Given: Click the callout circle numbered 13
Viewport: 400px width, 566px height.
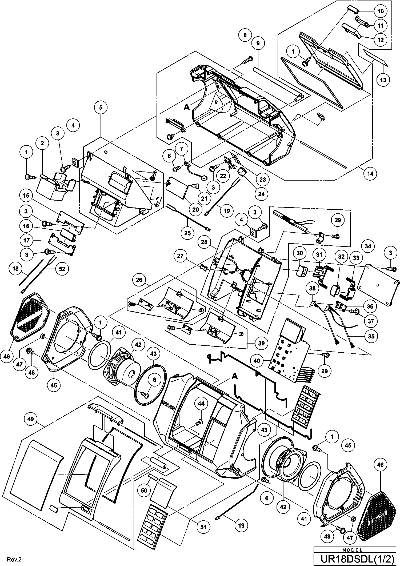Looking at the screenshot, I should point(383,79).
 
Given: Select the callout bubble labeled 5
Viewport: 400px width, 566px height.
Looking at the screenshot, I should point(101,107).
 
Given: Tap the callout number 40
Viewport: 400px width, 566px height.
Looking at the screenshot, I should point(257,361).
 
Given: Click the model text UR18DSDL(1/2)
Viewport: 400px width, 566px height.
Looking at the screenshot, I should point(356,559).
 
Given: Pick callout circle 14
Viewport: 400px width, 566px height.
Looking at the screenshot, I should point(370,174).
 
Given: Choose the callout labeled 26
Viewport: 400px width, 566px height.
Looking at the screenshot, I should point(139,280).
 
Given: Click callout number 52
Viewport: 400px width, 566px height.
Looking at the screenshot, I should point(62,269).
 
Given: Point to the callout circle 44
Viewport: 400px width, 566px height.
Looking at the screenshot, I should point(201,404).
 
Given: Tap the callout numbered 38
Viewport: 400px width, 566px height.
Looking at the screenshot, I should point(312,288).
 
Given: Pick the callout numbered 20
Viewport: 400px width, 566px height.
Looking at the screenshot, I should point(195,209).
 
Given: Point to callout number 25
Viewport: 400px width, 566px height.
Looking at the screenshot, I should point(187,233).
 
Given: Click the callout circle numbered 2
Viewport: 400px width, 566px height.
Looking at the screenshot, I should point(42,143).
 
